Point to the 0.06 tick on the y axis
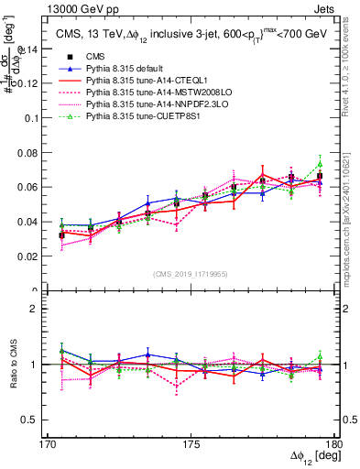(x=35, y=187)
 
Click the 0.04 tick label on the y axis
(x=35, y=222)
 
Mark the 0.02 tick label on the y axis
(x=35, y=256)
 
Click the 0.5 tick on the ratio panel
(x=39, y=420)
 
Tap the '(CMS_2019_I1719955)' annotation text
(x=191, y=273)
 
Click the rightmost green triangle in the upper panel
(x=320, y=164)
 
